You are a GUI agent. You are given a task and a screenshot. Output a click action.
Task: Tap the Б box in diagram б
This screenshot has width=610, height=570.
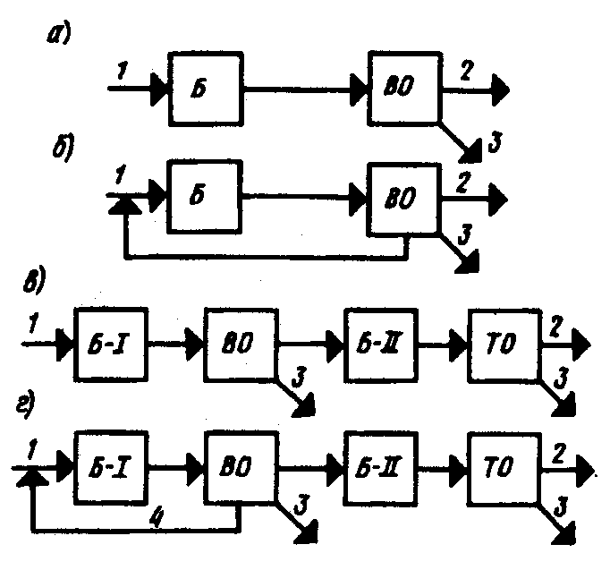[204, 196]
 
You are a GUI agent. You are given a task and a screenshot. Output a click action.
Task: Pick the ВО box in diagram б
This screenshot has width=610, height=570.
[404, 197]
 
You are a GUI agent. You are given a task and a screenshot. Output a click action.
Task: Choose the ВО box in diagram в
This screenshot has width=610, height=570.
[241, 342]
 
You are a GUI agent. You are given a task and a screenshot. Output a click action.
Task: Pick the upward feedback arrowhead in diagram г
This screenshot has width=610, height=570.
[32, 481]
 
